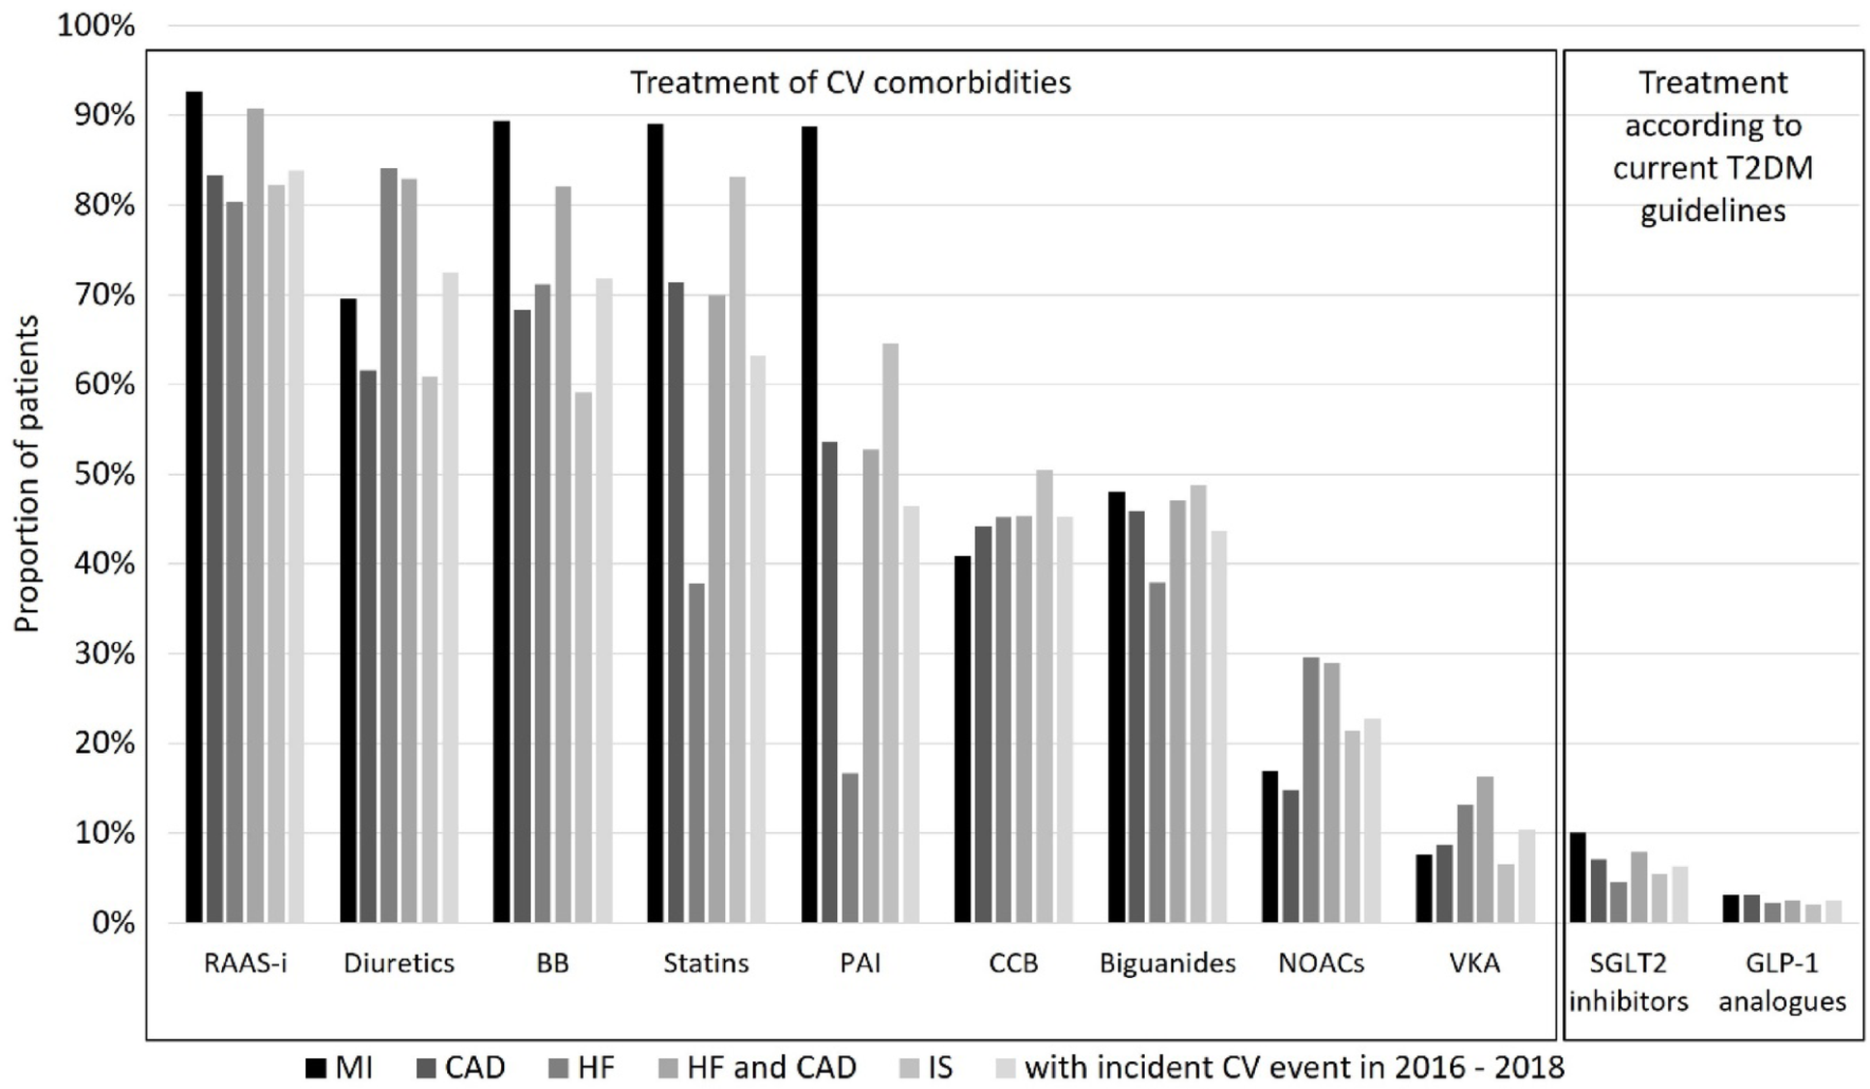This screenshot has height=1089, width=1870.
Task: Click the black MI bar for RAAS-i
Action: pyautogui.click(x=194, y=507)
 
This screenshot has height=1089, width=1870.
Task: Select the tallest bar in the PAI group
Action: pyautogui.click(x=809, y=524)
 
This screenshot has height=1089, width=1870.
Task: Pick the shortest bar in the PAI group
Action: pyautogui.click(x=850, y=848)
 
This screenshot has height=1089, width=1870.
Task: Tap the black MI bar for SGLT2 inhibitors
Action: pyautogui.click(x=1577, y=878)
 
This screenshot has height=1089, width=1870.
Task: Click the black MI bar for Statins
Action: pyautogui.click(x=656, y=523)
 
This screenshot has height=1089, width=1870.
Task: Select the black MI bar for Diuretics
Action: pyautogui.click(x=348, y=610)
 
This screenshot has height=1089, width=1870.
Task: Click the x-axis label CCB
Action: pyautogui.click(x=1013, y=963)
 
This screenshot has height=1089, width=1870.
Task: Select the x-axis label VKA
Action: pyautogui.click(x=1474, y=963)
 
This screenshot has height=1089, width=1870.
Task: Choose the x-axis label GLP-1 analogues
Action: pyautogui.click(x=1782, y=982)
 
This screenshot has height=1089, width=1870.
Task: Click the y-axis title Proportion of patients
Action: pyautogui.click(x=27, y=473)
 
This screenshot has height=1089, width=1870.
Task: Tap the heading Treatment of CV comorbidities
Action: pyautogui.click(x=851, y=83)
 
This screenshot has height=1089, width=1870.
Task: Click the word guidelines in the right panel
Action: pyautogui.click(x=1713, y=210)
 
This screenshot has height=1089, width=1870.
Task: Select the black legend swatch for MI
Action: pyautogui.click(x=316, y=1068)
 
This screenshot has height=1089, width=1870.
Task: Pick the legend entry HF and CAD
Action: pyautogui.click(x=771, y=1068)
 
